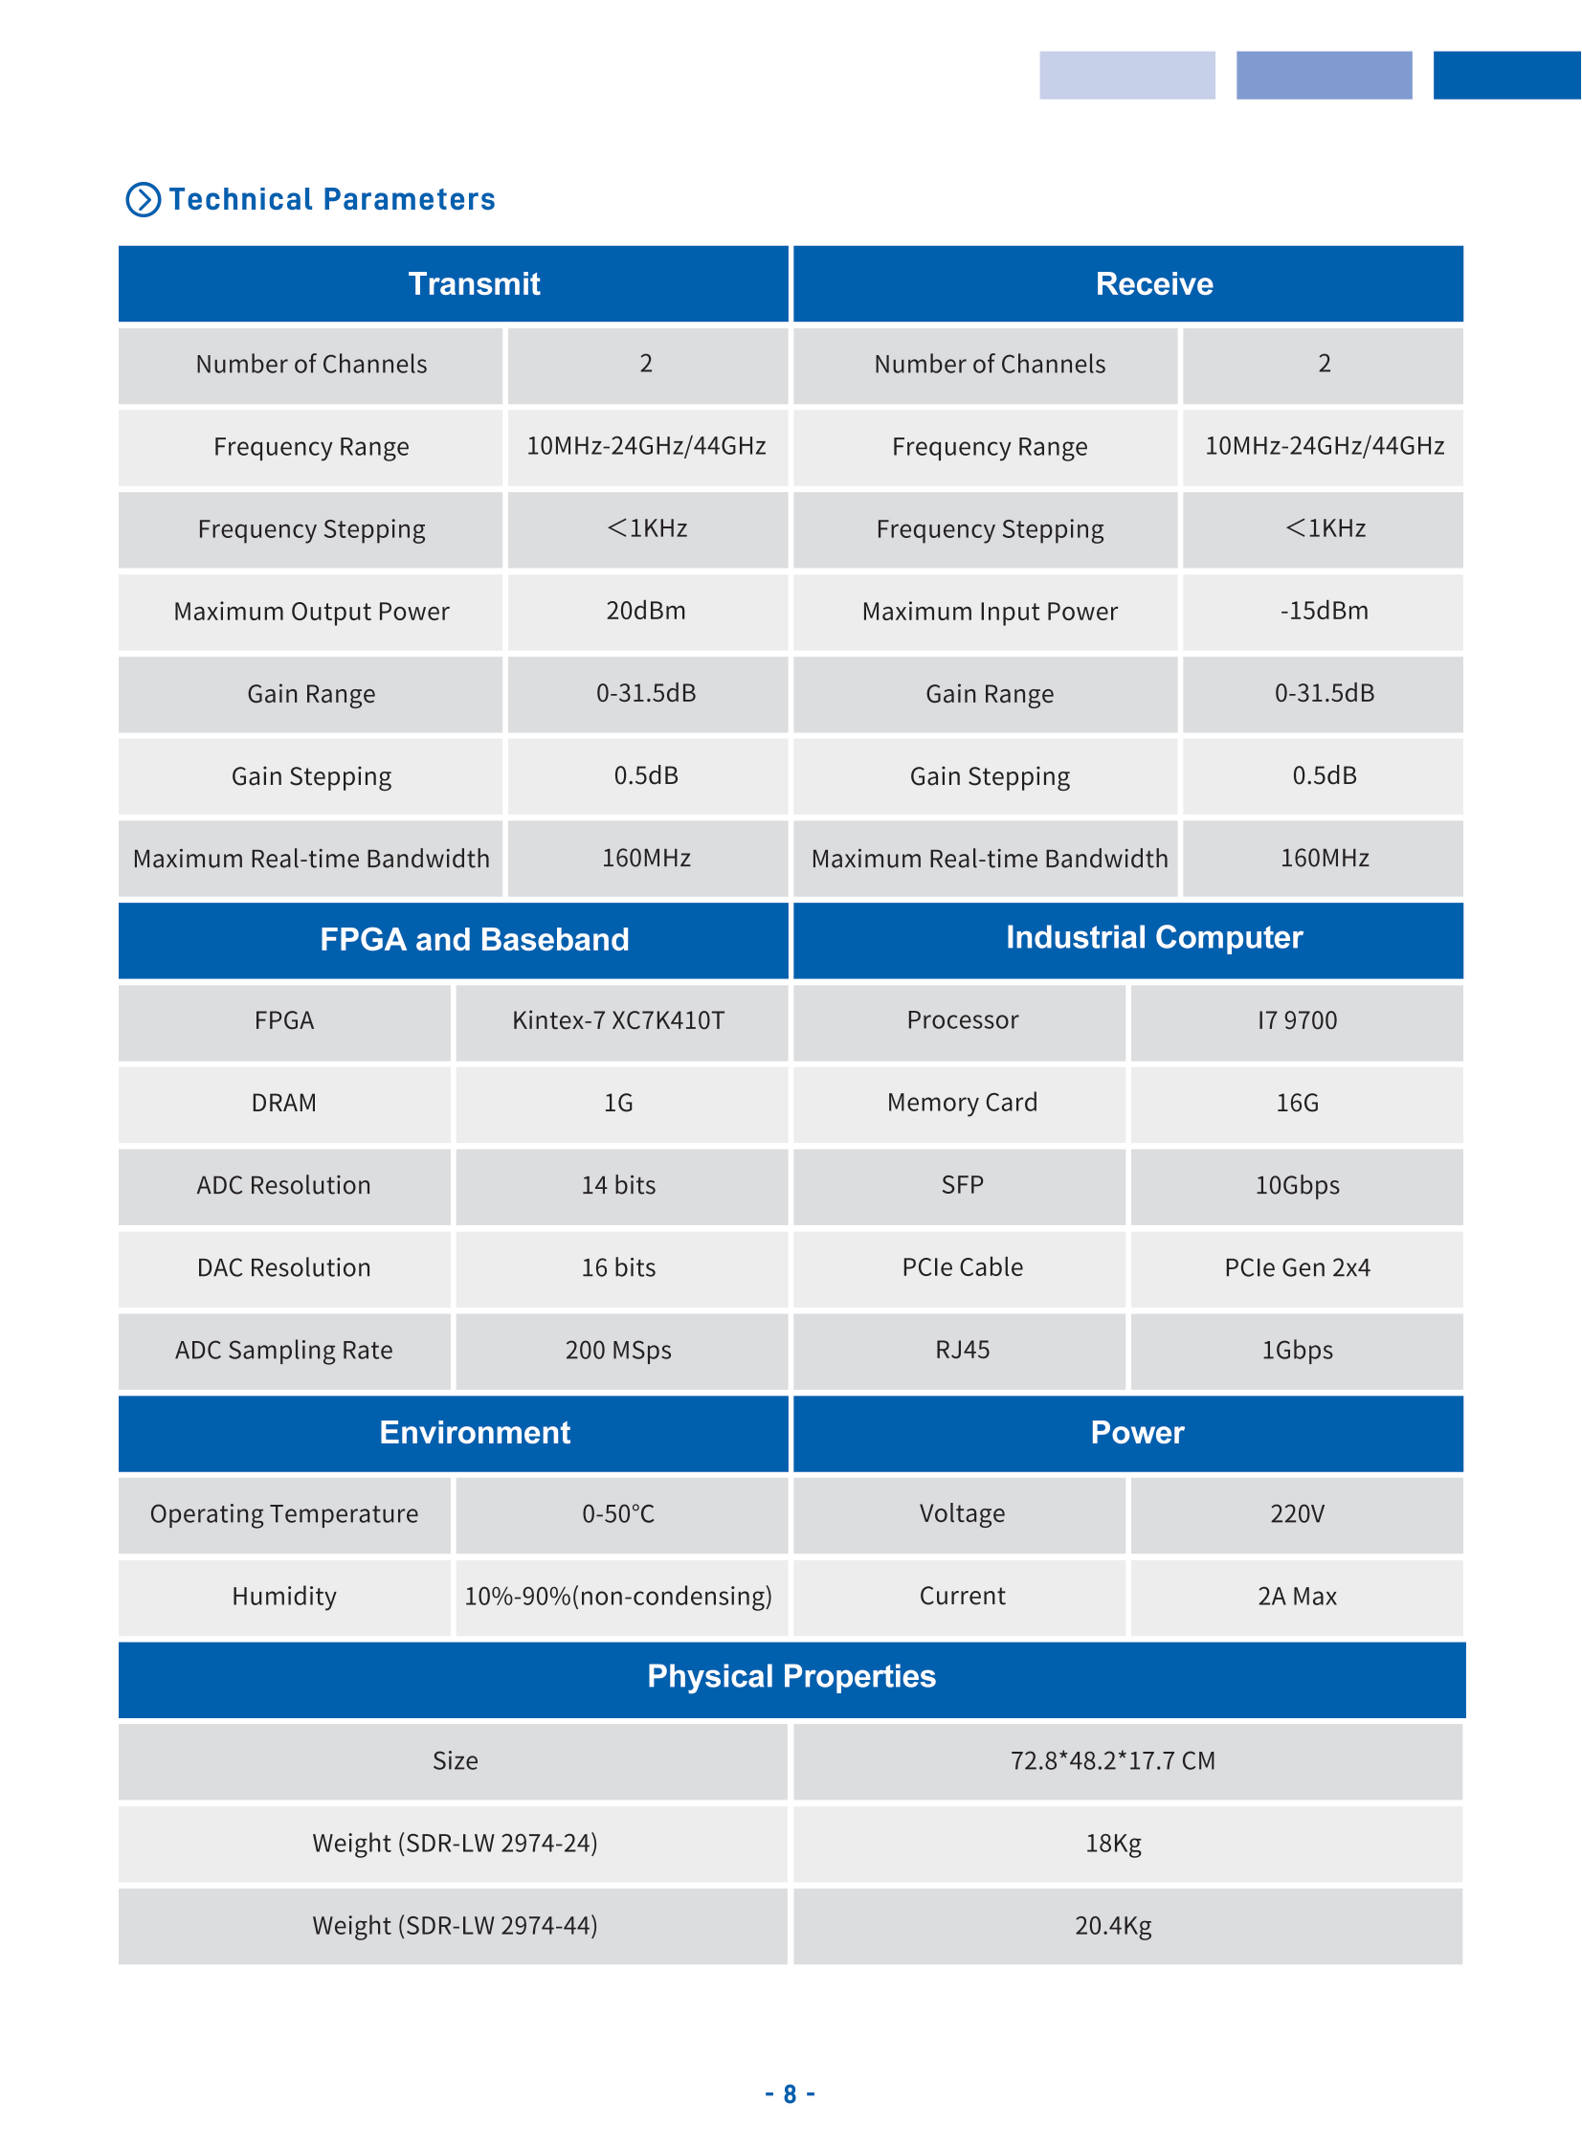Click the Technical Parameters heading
(331, 199)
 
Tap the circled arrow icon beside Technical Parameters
(144, 199)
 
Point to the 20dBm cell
(646, 611)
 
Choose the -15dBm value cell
(1324, 611)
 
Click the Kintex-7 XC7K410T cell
(619, 1020)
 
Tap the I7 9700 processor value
(1297, 1020)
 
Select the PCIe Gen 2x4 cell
(1297, 1268)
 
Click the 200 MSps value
(619, 1351)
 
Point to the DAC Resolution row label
(284, 1268)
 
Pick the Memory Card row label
(962, 1104)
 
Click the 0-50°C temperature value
(619, 1514)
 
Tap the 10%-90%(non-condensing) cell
(619, 1597)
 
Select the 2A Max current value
(1297, 1597)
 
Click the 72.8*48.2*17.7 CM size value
(1113, 1761)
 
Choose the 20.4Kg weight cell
(1113, 1926)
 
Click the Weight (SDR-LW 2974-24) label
(455, 1844)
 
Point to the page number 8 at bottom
(790, 2094)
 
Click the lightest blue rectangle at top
(1127, 75)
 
